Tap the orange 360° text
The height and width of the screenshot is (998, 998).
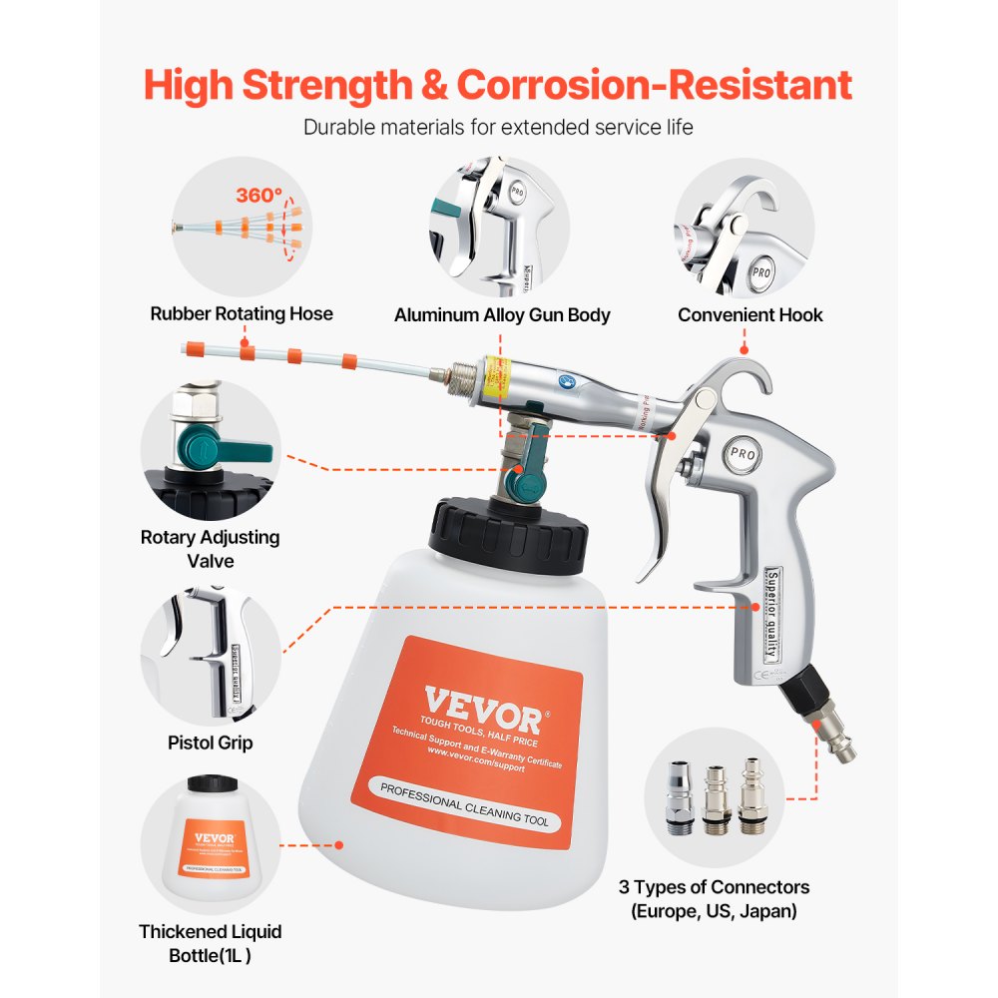258,196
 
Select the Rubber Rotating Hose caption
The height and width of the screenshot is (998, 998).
242,314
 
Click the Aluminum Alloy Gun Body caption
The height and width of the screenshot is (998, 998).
502,315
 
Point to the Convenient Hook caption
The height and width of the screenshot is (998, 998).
750,315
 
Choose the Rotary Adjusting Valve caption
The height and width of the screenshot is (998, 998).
210,549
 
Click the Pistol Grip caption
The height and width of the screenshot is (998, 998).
210,744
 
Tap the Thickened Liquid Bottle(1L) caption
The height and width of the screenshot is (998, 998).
210,943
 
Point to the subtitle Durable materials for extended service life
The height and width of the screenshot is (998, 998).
498,128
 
